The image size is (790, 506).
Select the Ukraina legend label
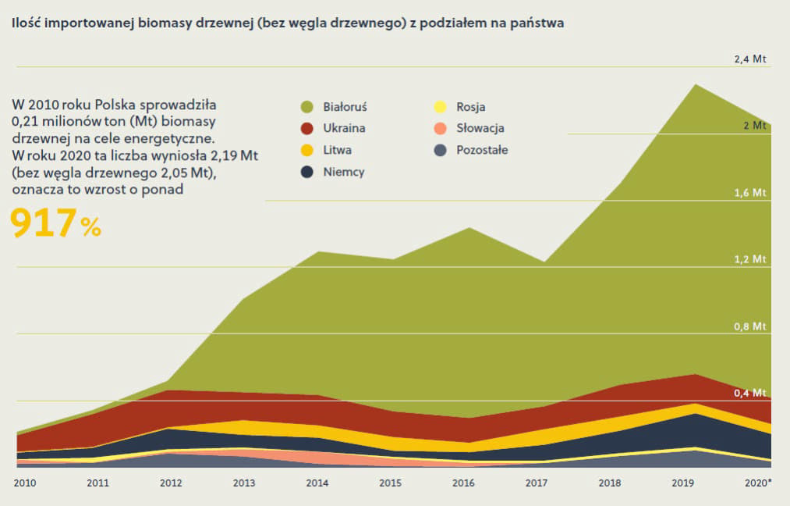coord(344,128)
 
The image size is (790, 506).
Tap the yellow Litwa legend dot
coord(306,150)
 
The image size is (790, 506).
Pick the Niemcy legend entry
coord(332,172)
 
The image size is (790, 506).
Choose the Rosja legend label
coord(470,107)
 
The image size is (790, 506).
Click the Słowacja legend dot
coord(441,129)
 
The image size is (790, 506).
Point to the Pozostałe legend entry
coord(470,150)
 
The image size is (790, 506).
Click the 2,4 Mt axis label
coord(749,59)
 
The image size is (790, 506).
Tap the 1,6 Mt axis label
coord(749,193)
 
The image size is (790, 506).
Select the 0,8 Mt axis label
coord(749,326)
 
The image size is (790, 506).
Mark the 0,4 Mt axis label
coord(749,393)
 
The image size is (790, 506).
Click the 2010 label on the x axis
coord(25,483)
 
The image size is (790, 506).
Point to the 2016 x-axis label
coord(463,483)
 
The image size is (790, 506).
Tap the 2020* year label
coord(758,483)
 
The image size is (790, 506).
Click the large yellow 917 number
coord(44,223)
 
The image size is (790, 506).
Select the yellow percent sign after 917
coord(90,227)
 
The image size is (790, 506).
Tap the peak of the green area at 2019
coord(696,84)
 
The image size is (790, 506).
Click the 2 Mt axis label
coord(755,126)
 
